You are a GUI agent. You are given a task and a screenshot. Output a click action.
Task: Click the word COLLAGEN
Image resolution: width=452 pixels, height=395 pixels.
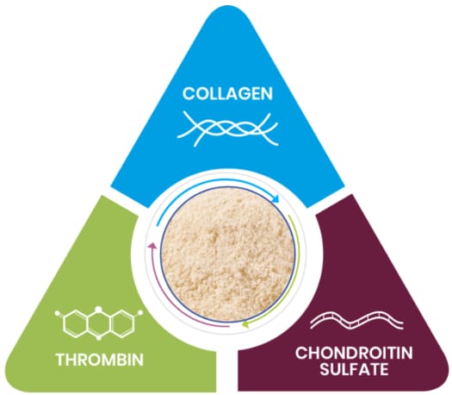(x=228, y=93)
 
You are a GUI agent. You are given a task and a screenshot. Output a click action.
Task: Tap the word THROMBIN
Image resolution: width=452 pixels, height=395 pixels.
(x=100, y=360)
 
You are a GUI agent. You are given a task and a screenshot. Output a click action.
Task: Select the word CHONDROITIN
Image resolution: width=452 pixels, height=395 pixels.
(x=354, y=353)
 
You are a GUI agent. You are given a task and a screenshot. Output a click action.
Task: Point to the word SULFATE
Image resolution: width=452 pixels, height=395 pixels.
(x=354, y=369)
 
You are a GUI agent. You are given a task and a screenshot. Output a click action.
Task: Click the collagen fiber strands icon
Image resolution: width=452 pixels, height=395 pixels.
(x=228, y=129)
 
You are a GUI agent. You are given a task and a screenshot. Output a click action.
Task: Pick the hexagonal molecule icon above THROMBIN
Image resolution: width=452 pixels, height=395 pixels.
(x=99, y=323)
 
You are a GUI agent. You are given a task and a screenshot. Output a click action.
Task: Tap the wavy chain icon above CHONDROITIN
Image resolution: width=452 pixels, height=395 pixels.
(x=357, y=320)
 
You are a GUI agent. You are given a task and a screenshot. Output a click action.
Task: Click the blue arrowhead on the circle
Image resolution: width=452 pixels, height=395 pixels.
(x=276, y=199)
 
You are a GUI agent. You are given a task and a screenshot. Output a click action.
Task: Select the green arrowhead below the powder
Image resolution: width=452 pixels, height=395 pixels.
(x=246, y=324)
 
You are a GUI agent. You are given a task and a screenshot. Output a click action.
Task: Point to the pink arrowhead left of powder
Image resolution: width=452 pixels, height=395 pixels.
(x=152, y=247)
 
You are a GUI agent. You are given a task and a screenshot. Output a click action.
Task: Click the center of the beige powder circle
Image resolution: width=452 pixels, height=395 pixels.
(x=228, y=254)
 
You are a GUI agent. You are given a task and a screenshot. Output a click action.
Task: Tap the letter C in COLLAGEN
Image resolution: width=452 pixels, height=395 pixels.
(x=189, y=93)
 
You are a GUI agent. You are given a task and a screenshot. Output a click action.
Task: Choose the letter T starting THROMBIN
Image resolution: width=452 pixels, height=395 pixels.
(x=61, y=360)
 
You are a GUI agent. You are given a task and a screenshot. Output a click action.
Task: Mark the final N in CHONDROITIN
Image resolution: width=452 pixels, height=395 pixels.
(x=406, y=353)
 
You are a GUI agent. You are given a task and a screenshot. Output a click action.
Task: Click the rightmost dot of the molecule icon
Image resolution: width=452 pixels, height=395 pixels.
(x=140, y=312)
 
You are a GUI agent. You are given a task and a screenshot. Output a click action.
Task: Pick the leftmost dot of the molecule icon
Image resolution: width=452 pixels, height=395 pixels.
(x=58, y=312)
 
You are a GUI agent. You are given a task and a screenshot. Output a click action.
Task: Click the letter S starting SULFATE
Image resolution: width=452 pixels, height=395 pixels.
(x=325, y=369)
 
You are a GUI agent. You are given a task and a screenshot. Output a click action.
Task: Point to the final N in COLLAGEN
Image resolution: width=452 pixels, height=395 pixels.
(x=267, y=93)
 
